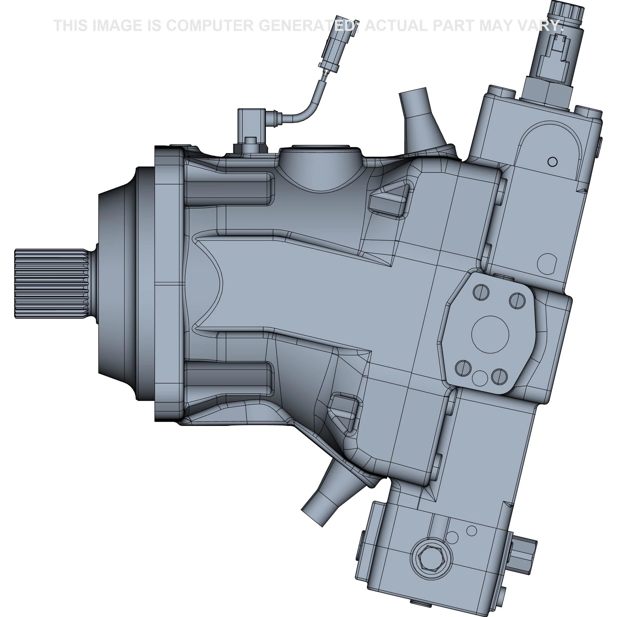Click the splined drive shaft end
(51, 284)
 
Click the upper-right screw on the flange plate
(517, 300)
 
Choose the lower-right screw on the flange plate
(499, 376)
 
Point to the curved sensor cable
(307, 106)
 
